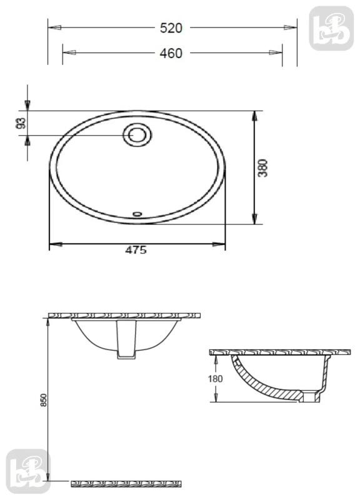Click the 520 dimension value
pos(171,28)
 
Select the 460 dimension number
pos(171,53)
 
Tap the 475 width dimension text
pos(136,250)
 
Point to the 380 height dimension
pos(263,167)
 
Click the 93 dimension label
pos(21,123)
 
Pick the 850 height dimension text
pos(43,400)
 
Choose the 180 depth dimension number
pos(215,379)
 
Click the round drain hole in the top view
pos(137,135)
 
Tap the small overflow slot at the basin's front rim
pos(137,214)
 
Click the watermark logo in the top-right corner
pos(332,28)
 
